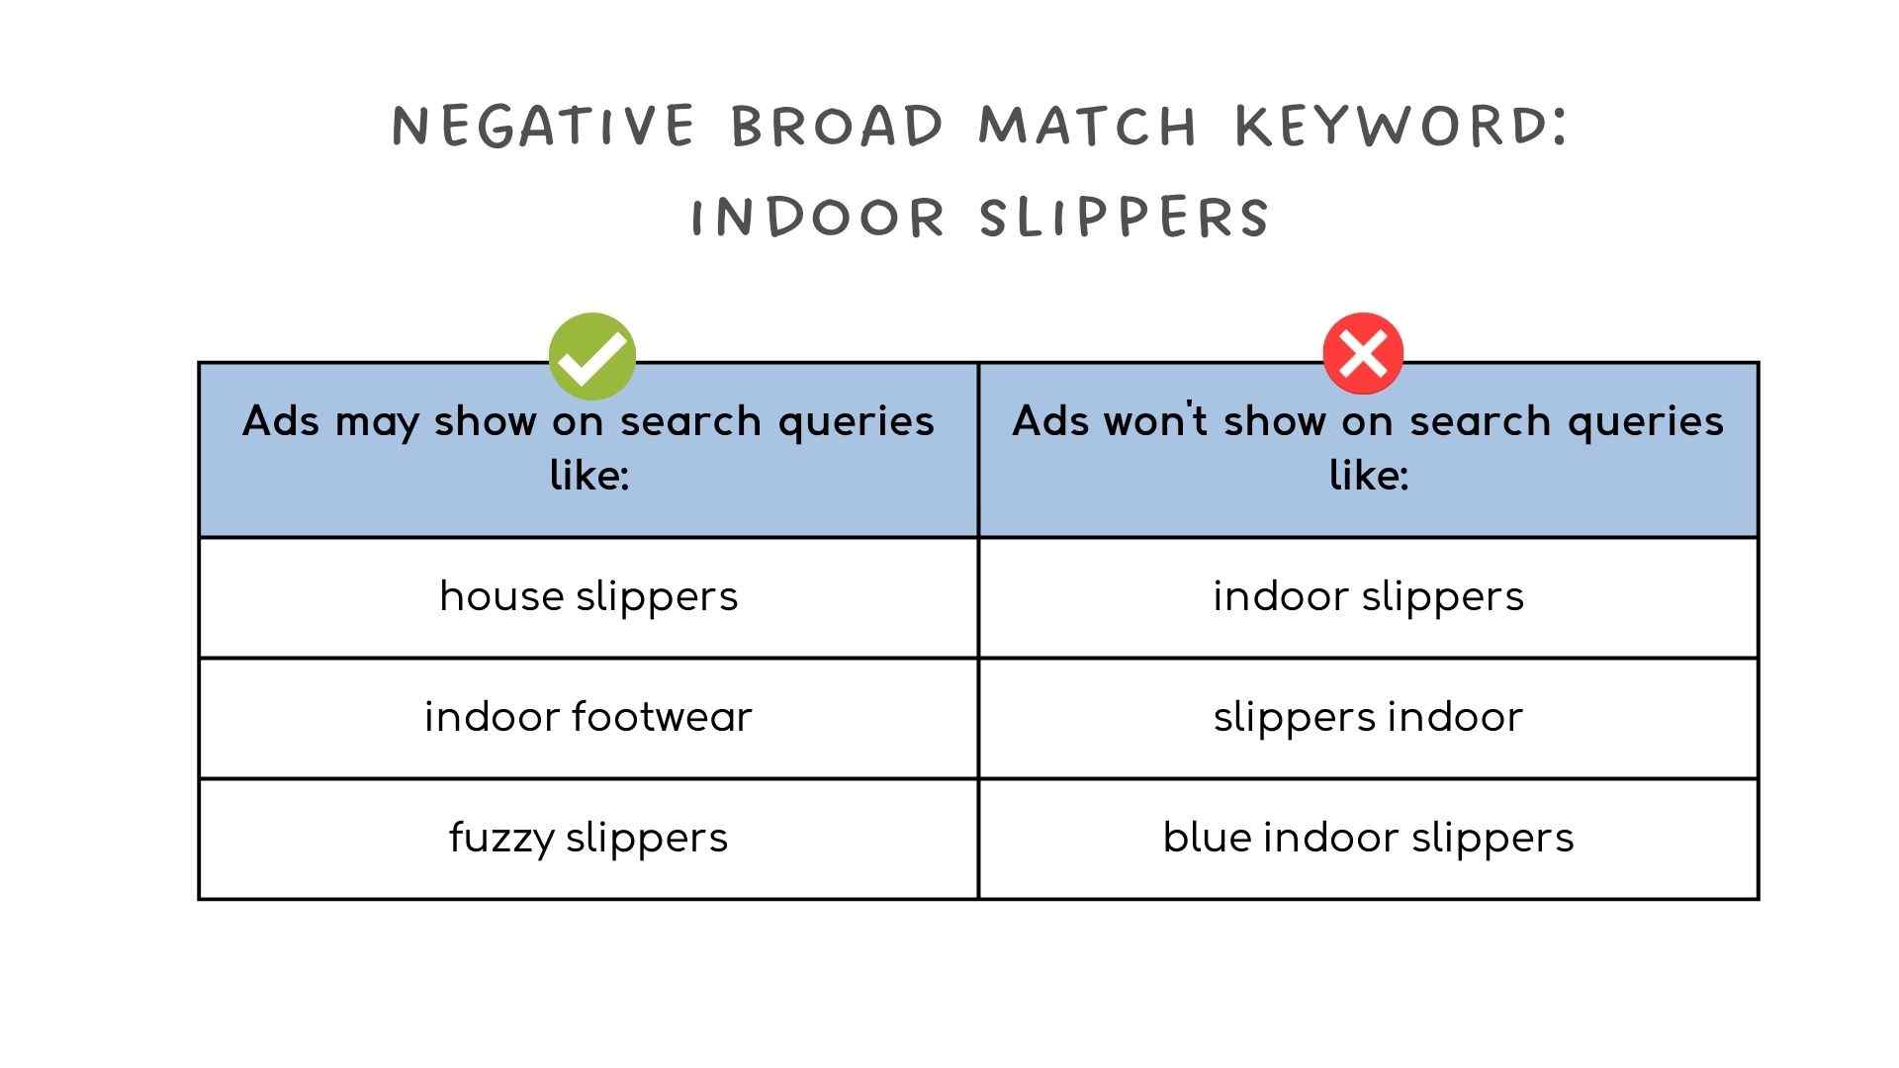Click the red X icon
(x=1363, y=353)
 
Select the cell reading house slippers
(x=588, y=597)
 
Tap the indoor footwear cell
(x=588, y=718)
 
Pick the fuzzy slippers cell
(x=588, y=839)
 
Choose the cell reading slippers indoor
(x=1368, y=718)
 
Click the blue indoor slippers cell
(x=1368, y=839)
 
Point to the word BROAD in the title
(x=839, y=126)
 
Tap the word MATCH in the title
(x=1089, y=126)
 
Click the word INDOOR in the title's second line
(x=818, y=217)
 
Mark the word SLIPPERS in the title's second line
(x=1125, y=217)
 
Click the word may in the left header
(x=377, y=423)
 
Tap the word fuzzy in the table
(x=500, y=840)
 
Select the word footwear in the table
(x=663, y=717)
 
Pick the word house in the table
(x=500, y=597)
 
